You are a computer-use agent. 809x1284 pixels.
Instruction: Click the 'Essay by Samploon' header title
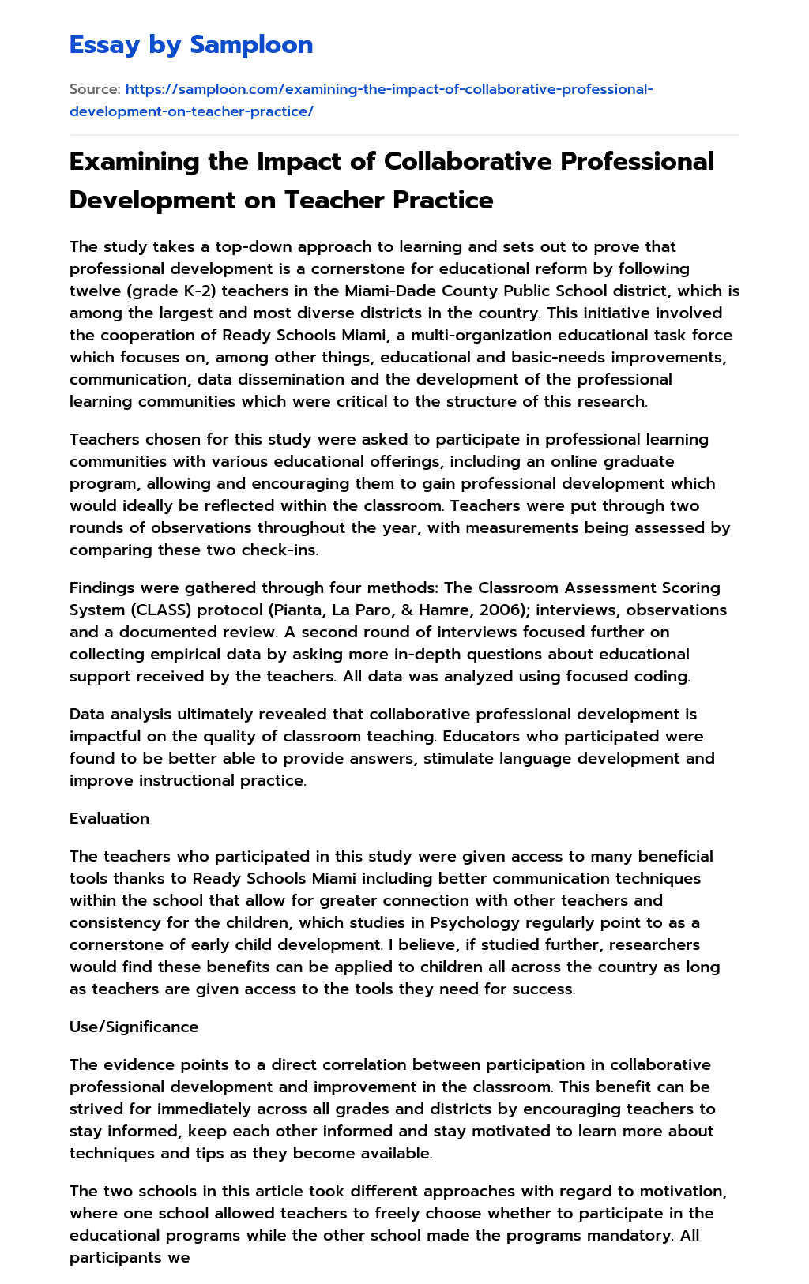(x=191, y=45)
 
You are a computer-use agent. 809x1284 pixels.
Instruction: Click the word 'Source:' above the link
(x=95, y=89)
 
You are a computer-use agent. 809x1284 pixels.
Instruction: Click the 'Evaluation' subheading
(x=109, y=818)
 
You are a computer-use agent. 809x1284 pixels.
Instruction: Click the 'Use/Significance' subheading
(x=134, y=1027)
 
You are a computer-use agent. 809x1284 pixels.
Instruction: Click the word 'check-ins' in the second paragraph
(x=281, y=550)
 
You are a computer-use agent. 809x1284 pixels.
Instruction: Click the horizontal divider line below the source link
(x=404, y=135)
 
